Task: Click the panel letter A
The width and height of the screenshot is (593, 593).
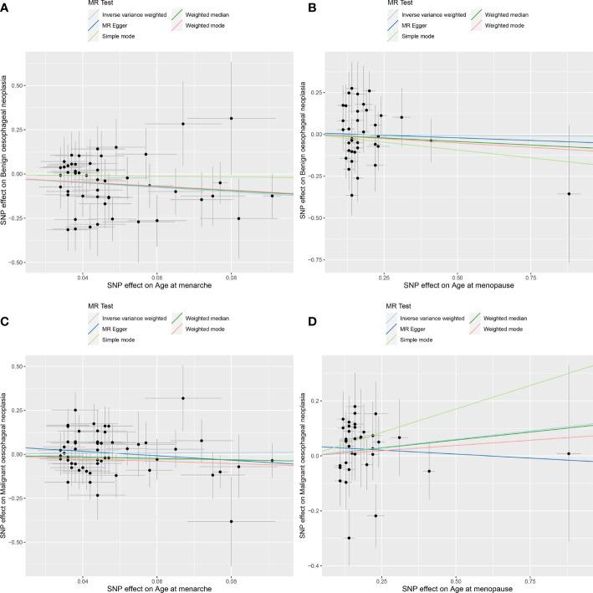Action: click(6, 6)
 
